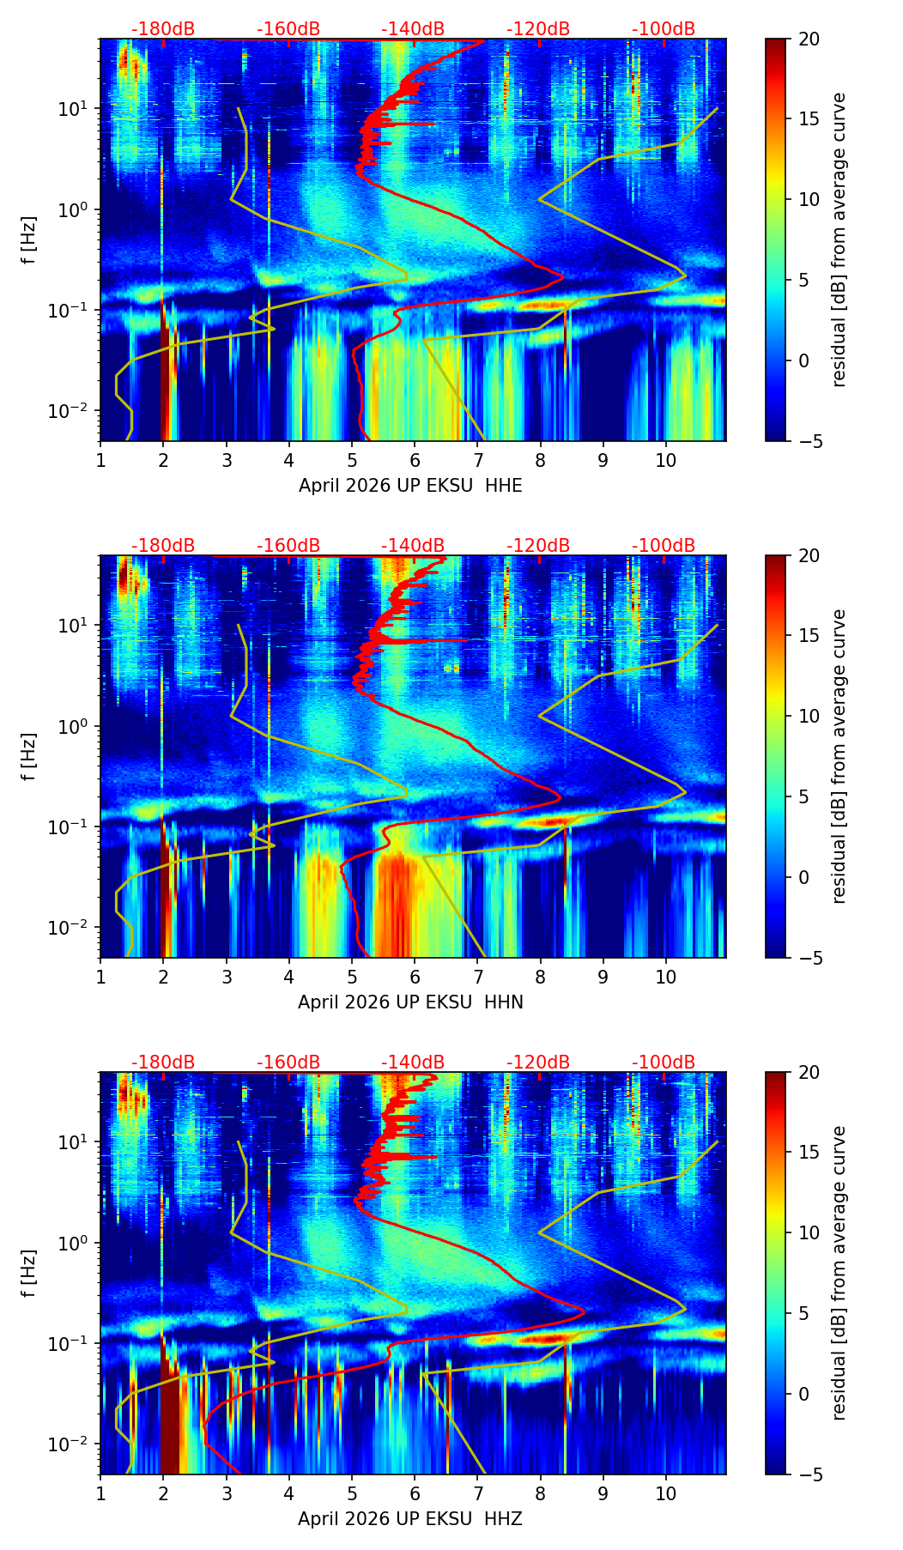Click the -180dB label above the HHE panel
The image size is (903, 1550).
pos(163,29)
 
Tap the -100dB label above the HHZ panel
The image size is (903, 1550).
pos(664,1063)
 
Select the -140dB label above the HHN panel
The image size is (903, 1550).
pos(413,546)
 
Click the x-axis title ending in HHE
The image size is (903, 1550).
pos(410,486)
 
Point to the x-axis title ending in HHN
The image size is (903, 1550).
pos(410,1002)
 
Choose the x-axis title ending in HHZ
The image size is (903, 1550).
pos(410,1519)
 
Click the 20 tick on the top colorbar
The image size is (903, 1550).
pos(808,39)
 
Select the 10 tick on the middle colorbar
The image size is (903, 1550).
pos(808,716)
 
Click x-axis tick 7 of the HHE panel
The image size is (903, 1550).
pos(477,459)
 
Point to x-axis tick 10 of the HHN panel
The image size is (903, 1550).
pos(665,976)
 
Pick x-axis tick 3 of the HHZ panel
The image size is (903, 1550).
pos(227,1492)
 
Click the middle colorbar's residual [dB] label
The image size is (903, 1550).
pos(839,756)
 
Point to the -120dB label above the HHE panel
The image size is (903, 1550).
pos(538,29)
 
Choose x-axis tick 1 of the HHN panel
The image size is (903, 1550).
pos(101,976)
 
